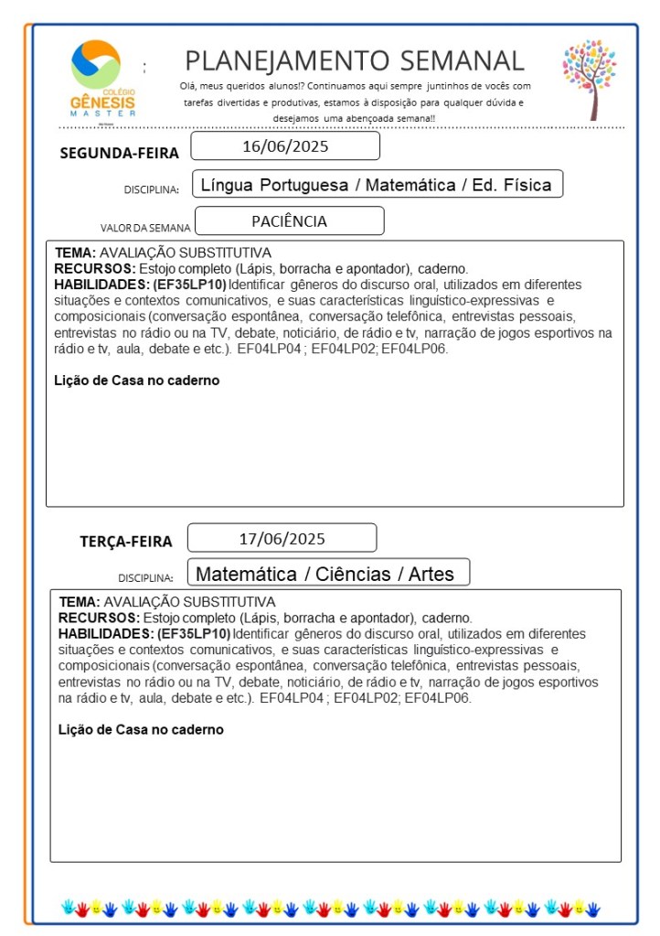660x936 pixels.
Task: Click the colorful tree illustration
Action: click(590, 79)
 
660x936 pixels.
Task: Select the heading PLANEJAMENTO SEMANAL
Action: click(355, 60)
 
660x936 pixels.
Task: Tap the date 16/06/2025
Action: click(285, 146)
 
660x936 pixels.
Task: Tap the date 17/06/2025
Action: click(282, 538)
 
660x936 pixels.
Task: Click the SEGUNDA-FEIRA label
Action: click(119, 153)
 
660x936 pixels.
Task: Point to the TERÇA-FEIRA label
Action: click(126, 542)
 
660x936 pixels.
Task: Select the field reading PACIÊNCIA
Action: click(289, 221)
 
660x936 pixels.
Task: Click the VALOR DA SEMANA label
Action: click(145, 228)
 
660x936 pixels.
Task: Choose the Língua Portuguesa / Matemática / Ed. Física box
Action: click(377, 185)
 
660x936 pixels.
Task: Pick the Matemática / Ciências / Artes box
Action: click(328, 575)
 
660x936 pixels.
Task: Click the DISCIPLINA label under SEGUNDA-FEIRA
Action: click(151, 190)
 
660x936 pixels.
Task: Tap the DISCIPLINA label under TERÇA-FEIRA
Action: click(145, 578)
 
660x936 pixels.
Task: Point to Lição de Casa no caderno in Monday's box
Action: click(137, 381)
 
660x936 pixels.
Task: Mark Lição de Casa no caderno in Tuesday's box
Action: click(141, 729)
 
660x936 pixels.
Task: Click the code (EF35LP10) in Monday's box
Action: click(190, 285)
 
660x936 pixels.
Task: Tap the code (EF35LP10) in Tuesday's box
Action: click(194, 633)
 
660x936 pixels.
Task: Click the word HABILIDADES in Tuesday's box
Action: click(106, 633)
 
